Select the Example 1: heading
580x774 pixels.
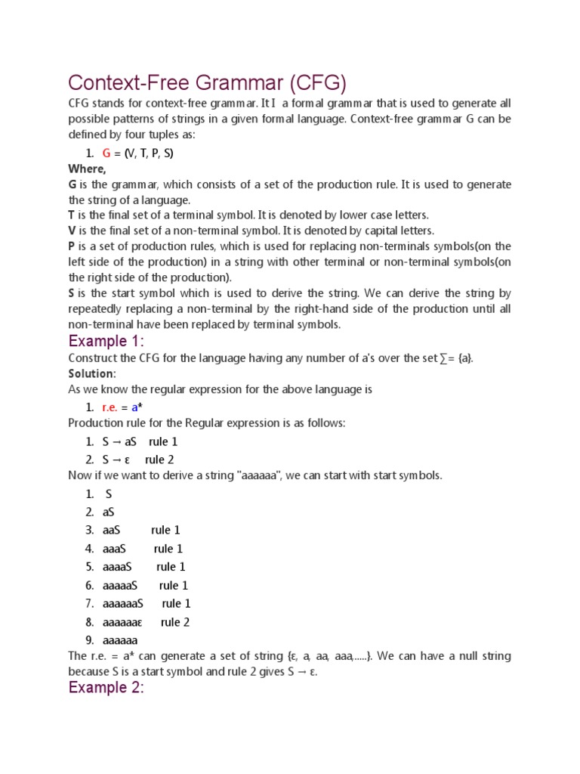tap(106, 341)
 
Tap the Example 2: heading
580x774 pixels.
tap(106, 687)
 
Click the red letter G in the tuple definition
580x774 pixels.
tap(106, 153)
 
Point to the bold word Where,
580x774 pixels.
tap(87, 169)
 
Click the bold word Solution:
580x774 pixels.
tap(92, 374)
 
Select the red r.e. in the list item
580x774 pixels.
tap(112, 407)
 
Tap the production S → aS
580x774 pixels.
tap(119, 441)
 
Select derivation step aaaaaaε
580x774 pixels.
tap(122, 622)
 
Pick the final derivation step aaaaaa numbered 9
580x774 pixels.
tap(120, 640)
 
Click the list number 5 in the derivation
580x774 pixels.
tap(89, 567)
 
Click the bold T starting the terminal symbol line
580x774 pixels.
tap(72, 215)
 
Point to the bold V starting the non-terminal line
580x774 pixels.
tap(72, 231)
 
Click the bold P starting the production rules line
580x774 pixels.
tap(72, 246)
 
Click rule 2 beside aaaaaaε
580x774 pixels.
tap(175, 622)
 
